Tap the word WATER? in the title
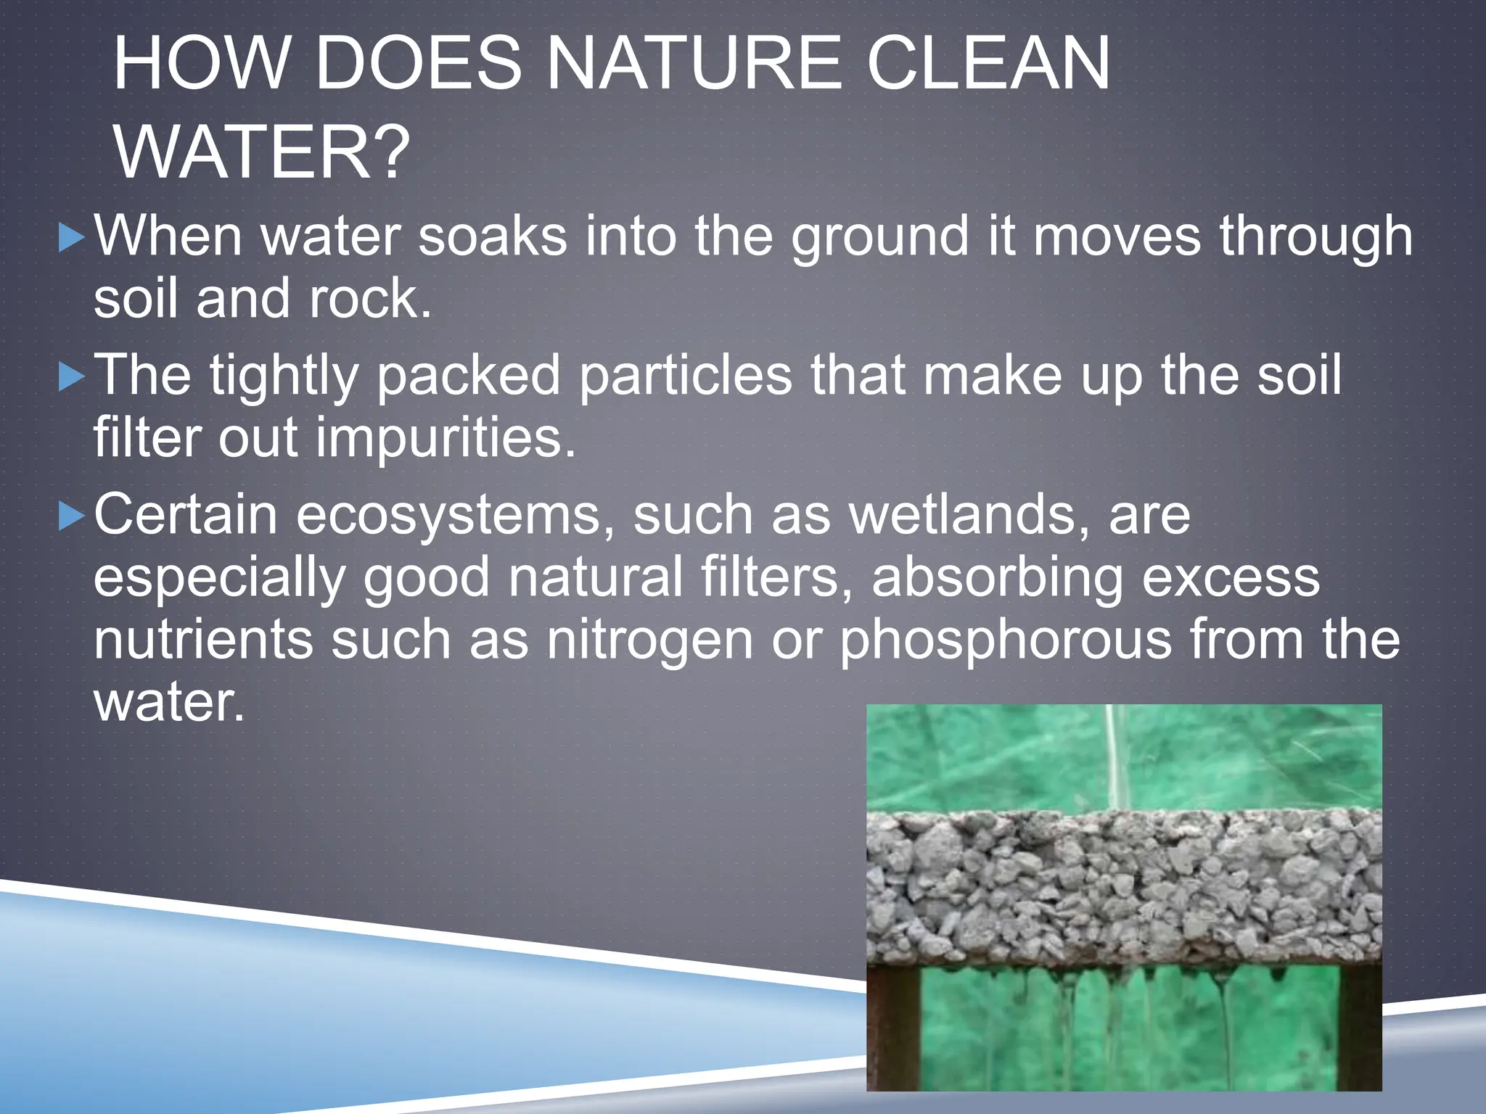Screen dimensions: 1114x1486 [x=261, y=153]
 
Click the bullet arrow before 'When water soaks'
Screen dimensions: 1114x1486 [x=71, y=238]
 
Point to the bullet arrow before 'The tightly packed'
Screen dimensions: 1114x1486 [x=71, y=377]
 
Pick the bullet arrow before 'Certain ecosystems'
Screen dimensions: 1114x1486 [x=71, y=517]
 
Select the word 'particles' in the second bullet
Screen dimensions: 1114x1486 [x=685, y=376]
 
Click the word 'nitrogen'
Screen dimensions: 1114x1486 [x=650, y=640]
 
